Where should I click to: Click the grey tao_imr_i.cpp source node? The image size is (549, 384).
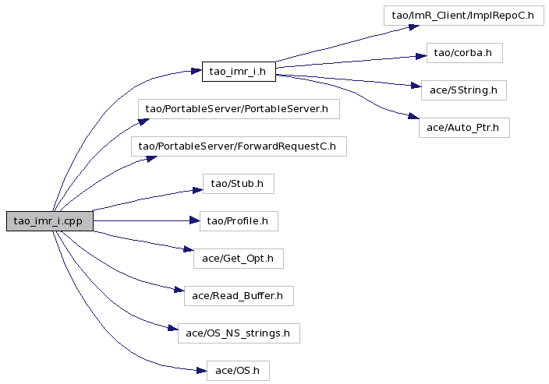[50, 221]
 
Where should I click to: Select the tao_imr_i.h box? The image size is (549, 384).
[239, 72]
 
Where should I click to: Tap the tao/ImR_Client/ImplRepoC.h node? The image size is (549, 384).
[463, 16]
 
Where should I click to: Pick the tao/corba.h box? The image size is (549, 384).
[464, 53]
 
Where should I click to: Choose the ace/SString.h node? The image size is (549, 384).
[463, 90]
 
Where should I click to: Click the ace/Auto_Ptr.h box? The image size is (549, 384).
[464, 128]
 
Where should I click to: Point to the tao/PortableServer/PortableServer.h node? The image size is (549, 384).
[239, 109]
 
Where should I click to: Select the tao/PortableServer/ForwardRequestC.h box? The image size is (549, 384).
[239, 146]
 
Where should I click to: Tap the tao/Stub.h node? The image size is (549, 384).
[239, 184]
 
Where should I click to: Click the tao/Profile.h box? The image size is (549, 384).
[239, 221]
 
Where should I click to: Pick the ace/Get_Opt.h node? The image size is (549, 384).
[239, 259]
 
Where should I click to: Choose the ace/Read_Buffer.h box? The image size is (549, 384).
[239, 296]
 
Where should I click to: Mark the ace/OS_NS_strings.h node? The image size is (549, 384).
[239, 333]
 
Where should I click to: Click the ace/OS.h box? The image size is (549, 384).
[238, 371]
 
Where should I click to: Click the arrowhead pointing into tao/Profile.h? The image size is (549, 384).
[195, 220]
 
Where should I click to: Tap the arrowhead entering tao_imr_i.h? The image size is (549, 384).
[197, 72]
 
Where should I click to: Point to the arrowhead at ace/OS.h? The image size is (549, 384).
[202, 370]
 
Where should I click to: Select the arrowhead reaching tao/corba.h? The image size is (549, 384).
[421, 56]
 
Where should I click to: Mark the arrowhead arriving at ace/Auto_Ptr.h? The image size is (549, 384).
[413, 116]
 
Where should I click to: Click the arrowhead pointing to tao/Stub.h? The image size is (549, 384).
[198, 190]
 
